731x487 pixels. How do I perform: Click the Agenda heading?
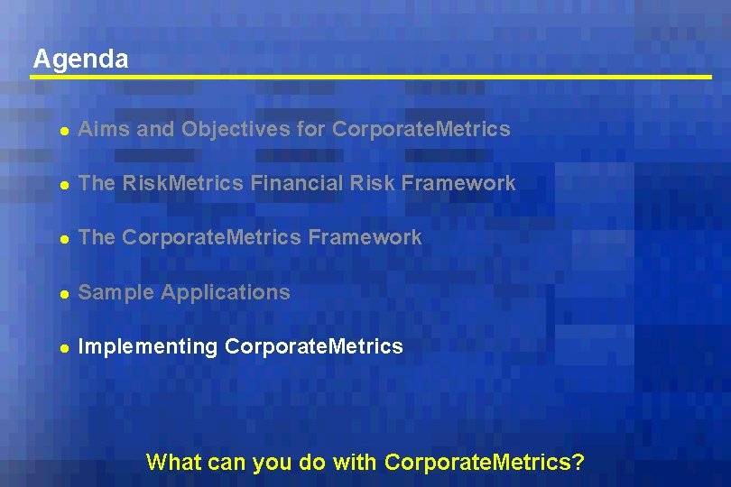[80, 60]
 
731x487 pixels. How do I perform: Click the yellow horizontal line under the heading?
[370, 78]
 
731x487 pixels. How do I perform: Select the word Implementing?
[148, 347]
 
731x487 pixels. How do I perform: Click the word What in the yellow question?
[174, 463]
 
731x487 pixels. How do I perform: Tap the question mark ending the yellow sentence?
[578, 463]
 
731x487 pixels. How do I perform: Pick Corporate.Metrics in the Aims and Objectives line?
[421, 130]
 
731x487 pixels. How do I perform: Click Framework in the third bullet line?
[365, 238]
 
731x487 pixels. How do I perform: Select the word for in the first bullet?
[310, 130]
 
